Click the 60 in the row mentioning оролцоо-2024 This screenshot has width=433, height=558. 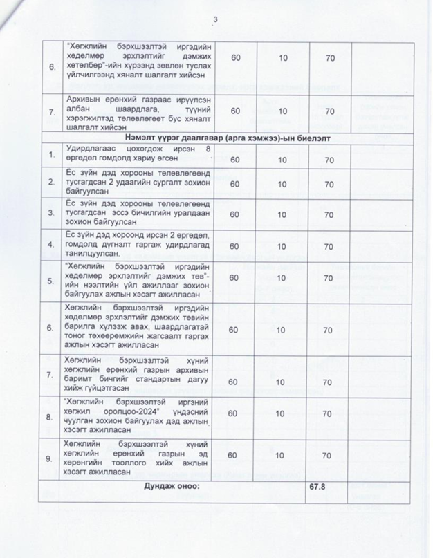click(x=236, y=413)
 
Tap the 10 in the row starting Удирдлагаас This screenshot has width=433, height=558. click(x=284, y=160)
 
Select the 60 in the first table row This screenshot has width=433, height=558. click(x=236, y=60)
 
